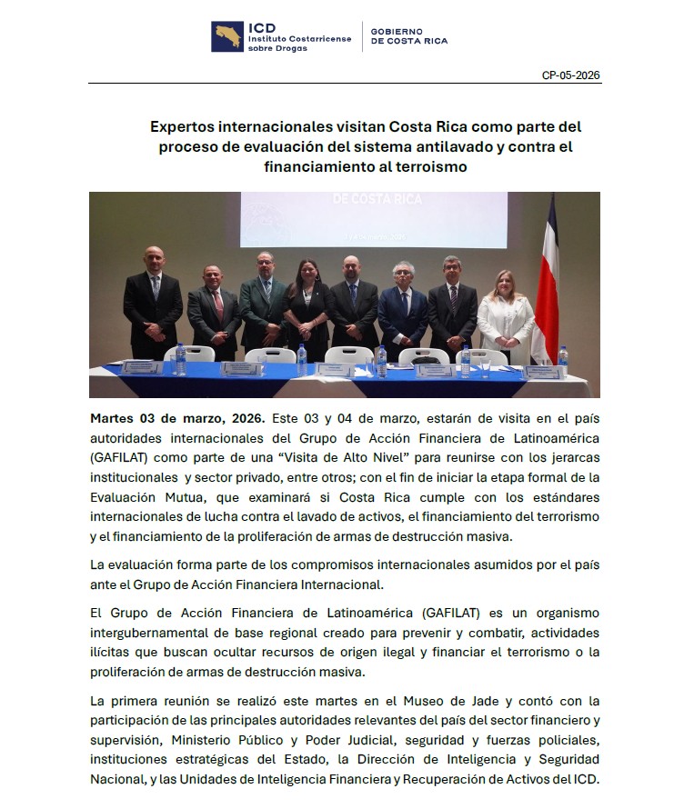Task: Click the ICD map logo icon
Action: [227, 36]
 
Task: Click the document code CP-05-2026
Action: [571, 75]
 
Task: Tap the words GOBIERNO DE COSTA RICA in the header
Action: [409, 36]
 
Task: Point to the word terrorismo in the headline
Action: [427, 167]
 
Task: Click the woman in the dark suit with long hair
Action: [307, 314]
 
